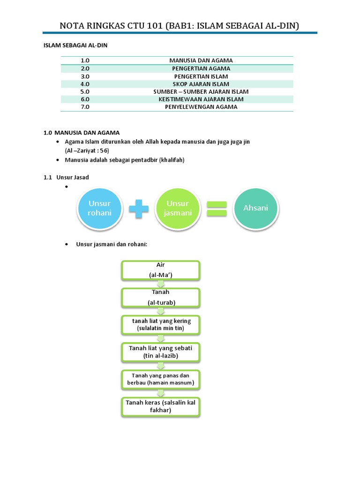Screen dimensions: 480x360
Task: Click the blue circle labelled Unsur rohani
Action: (99, 208)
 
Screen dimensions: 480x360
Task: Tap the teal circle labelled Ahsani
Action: (255, 208)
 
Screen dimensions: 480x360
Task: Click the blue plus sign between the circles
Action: (138, 209)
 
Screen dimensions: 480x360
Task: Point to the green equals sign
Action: (216, 209)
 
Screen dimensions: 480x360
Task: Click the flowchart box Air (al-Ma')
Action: (161, 270)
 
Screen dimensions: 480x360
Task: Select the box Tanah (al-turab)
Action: (161, 297)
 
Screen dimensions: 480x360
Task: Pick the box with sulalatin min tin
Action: (161, 324)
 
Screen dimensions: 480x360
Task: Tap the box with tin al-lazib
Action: (161, 352)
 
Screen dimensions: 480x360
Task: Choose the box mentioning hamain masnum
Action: (161, 379)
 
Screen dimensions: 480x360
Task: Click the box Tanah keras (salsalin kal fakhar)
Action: (161, 406)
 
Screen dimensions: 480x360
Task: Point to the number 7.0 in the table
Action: (85, 107)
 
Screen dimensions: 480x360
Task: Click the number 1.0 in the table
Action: (85, 60)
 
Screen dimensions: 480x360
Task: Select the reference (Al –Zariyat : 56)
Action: (87, 150)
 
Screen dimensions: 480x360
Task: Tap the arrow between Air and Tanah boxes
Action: (161, 284)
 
